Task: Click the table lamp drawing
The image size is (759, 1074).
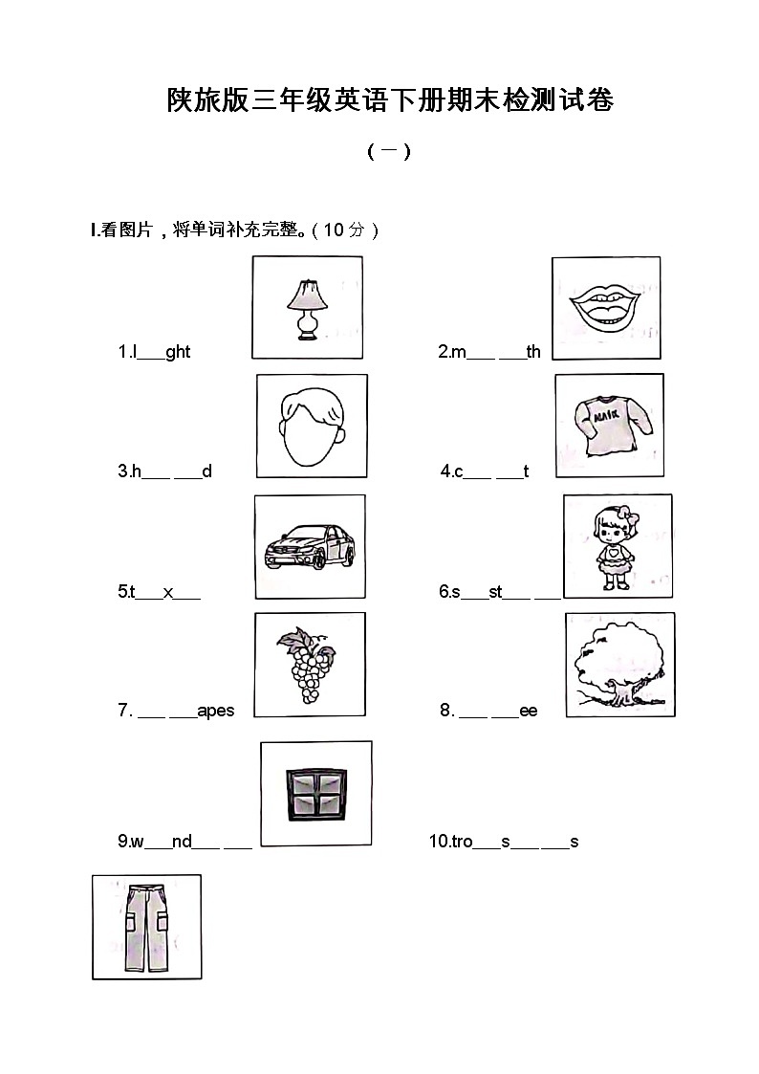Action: coord(308,308)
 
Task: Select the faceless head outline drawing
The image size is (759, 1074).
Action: coord(312,427)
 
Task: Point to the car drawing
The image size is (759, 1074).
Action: coord(309,547)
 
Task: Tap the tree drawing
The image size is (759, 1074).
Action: coord(619,666)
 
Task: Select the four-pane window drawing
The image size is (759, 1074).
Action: coord(315,794)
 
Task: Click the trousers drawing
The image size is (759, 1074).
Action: coord(145,928)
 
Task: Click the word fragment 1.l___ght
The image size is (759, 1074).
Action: coord(154,352)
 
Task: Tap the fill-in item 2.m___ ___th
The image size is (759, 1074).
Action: coord(489,352)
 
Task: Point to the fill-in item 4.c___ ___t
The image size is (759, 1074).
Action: coord(485,471)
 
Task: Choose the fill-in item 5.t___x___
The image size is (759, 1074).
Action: coord(159,592)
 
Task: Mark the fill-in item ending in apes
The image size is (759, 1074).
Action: coord(176,711)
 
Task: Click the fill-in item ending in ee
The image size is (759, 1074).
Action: coord(488,711)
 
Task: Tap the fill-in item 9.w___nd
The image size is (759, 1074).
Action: coord(184,842)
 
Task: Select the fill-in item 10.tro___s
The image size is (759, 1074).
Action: coord(504,842)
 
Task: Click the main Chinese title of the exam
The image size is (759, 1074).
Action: coord(390,99)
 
